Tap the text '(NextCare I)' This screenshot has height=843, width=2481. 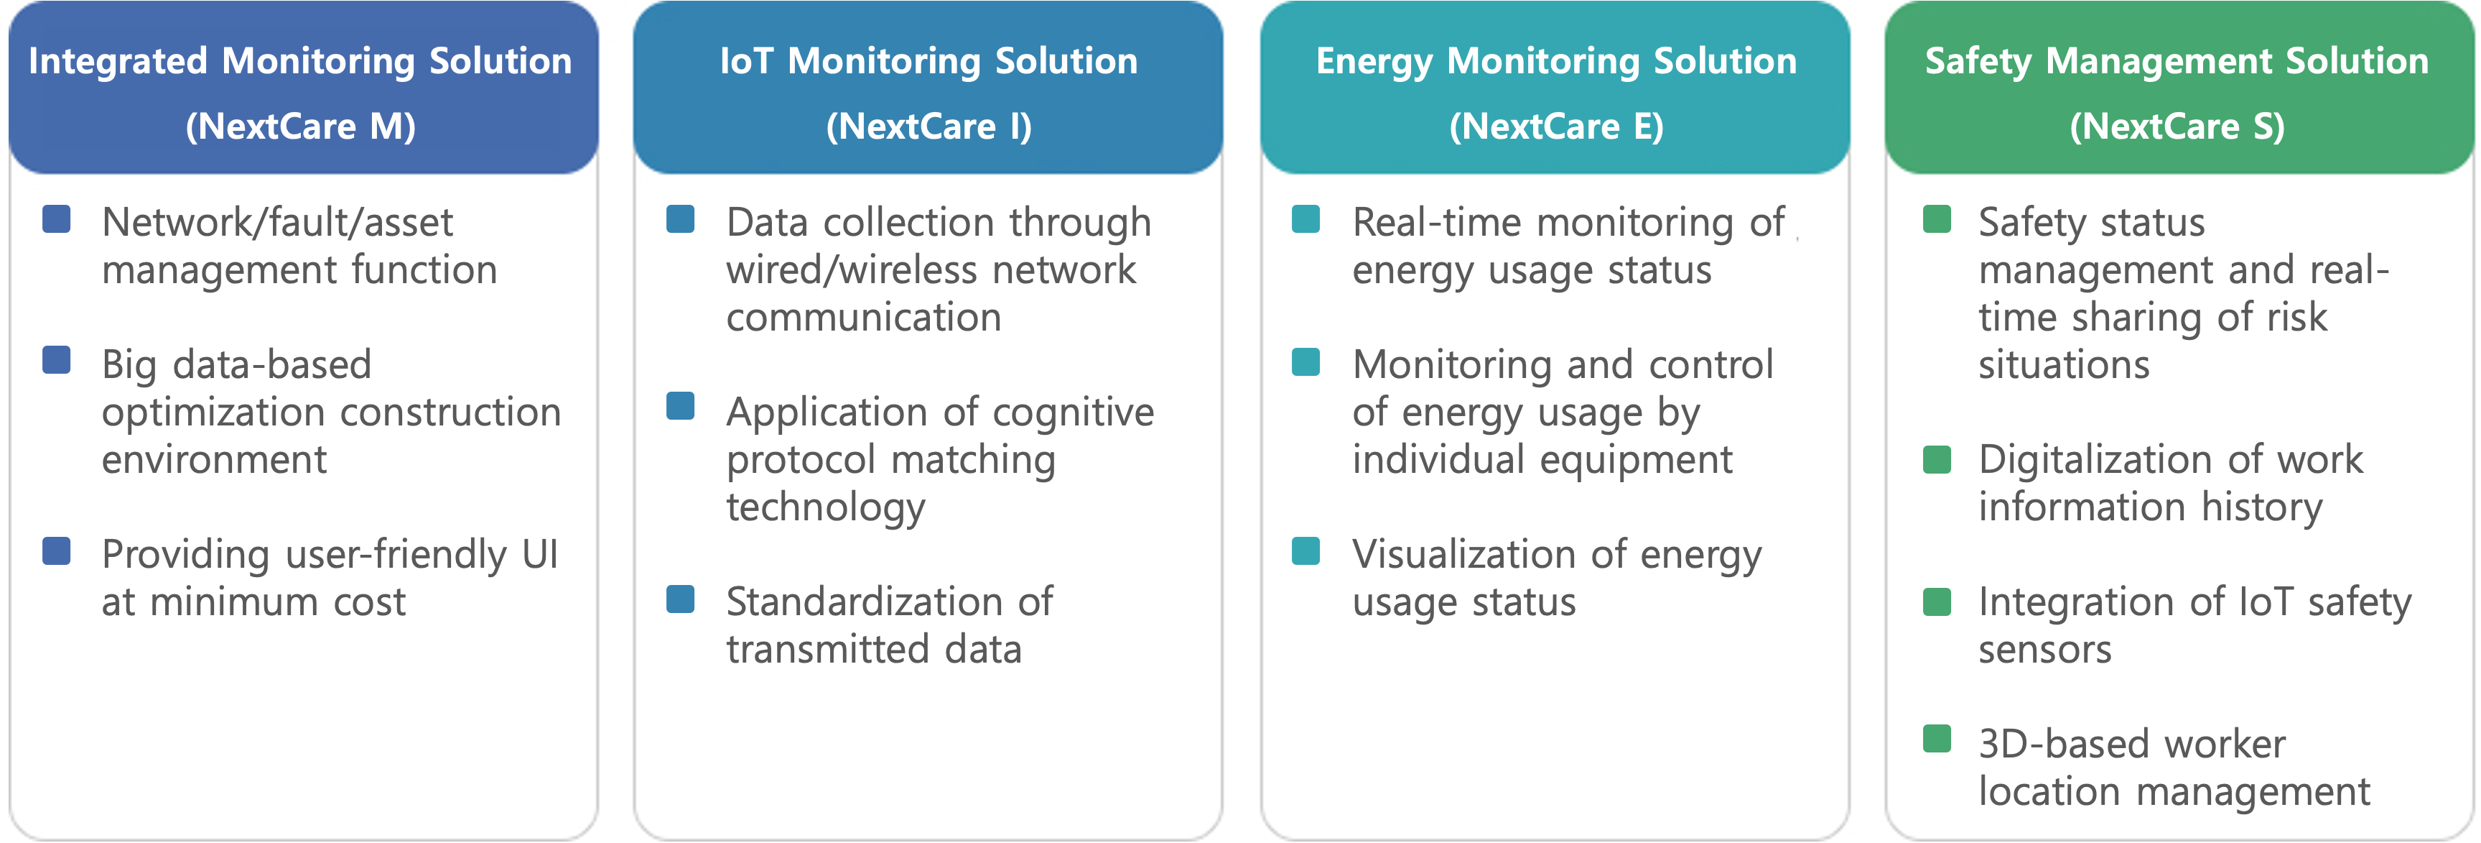click(x=929, y=126)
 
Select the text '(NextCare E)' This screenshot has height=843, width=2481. click(x=1556, y=126)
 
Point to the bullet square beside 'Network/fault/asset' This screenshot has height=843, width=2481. click(x=57, y=220)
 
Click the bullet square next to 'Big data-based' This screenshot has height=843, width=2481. click(x=57, y=360)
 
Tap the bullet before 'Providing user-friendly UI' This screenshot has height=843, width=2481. click(x=57, y=551)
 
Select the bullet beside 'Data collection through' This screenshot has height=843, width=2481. click(x=681, y=220)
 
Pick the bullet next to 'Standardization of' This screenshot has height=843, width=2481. click(x=681, y=599)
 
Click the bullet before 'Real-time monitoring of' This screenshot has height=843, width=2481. click(x=1306, y=220)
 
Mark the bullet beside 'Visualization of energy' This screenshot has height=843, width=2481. click(x=1306, y=551)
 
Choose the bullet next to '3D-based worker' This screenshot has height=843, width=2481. click(x=1937, y=739)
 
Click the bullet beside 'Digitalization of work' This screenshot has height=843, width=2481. click(x=1937, y=459)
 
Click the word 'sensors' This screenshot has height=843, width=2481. click(x=2044, y=650)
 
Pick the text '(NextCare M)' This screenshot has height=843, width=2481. click(x=300, y=126)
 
